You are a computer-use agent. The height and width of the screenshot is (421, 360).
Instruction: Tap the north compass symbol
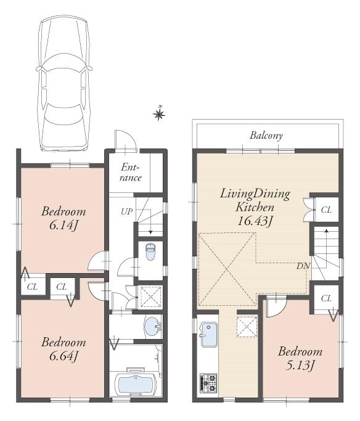pos(159,113)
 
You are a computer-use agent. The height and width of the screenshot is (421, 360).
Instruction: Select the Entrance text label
pos(131,173)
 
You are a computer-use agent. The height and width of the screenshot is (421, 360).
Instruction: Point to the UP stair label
pos(126,212)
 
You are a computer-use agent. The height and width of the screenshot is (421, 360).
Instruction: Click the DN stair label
pos(303,266)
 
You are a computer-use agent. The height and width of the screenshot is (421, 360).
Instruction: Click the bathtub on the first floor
pos(136,383)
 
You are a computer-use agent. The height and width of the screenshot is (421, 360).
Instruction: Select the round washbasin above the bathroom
pos(150,327)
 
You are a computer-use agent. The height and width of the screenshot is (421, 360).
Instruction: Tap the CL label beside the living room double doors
pos(326,210)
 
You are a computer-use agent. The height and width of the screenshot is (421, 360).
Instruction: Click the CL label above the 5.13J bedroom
pos(326,298)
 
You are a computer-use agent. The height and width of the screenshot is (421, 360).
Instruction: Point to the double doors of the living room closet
pos(307,210)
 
